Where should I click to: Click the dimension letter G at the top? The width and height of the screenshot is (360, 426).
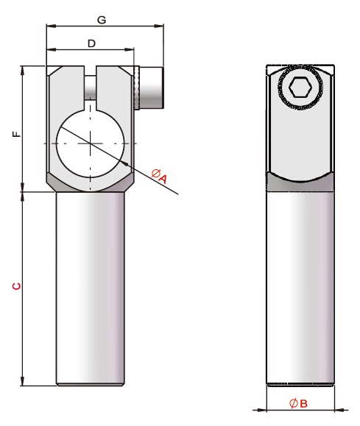[102, 20]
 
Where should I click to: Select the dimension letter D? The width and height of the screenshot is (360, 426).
[91, 43]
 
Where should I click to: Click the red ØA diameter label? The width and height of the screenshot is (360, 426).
[160, 176]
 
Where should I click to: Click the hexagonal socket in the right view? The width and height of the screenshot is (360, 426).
[300, 89]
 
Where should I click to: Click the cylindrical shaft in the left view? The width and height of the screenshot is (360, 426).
[91, 287]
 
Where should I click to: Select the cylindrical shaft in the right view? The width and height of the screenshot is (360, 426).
[300, 287]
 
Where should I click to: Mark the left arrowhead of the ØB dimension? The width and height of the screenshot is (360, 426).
[268, 409]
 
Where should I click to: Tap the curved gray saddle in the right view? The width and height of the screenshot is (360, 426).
[300, 183]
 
